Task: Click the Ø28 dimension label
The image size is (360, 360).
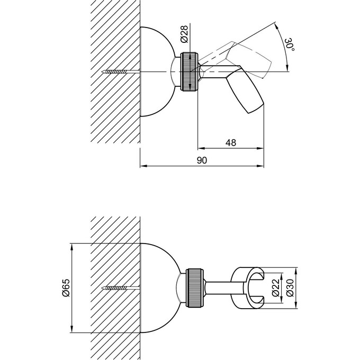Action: coord(184,34)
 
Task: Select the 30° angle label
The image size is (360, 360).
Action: coord(290,45)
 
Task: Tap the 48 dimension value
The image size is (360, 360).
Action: coord(231,142)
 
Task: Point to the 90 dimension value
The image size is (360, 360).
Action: coord(202,160)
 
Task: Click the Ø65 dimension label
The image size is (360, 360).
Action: coord(66,287)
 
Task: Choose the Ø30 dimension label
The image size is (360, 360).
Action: coord(290,287)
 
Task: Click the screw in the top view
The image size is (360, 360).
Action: coord(121,72)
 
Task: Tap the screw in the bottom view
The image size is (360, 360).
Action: coord(121,287)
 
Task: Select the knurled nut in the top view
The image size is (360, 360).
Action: coord(189,71)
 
